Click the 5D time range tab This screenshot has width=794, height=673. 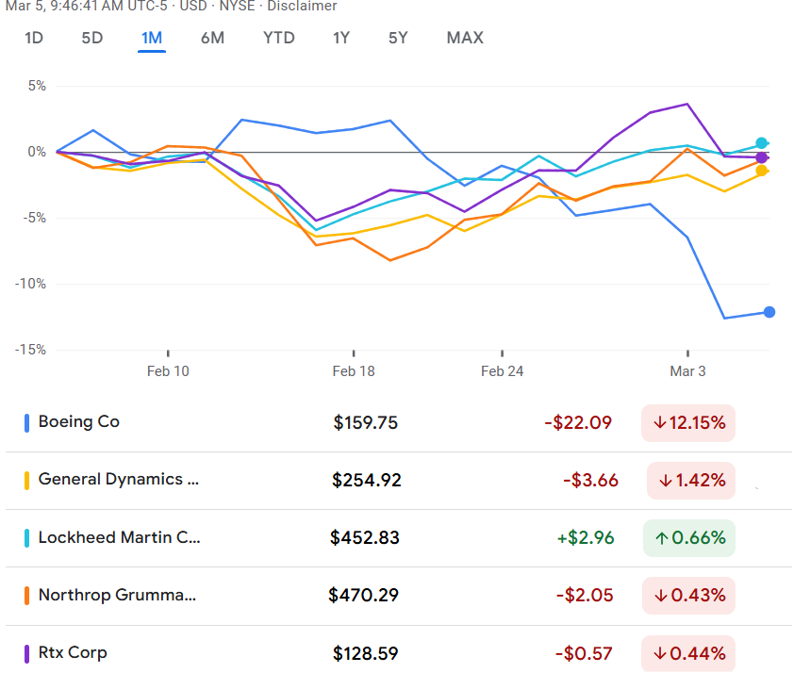[x=92, y=38]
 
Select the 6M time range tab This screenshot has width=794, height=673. [x=212, y=38]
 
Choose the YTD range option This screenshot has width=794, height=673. [x=279, y=38]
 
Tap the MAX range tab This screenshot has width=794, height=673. [x=465, y=38]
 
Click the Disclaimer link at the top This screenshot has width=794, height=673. [x=302, y=7]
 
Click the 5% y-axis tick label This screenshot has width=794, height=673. [x=37, y=86]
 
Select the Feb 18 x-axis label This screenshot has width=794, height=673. [x=354, y=371]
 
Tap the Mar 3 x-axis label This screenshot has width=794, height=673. [x=687, y=371]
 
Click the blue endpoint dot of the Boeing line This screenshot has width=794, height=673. [x=769, y=312]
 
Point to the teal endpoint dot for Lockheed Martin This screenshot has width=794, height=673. [x=762, y=143]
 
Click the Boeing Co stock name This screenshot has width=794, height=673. [x=79, y=422]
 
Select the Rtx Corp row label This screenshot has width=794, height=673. [x=73, y=652]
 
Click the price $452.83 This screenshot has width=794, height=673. [x=365, y=538]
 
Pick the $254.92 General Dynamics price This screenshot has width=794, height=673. [x=367, y=481]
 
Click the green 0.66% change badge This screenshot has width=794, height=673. [x=688, y=538]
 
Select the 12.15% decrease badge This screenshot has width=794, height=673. [x=688, y=423]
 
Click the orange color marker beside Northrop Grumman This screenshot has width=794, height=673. [x=27, y=596]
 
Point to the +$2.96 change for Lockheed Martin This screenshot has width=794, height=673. [x=586, y=538]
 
